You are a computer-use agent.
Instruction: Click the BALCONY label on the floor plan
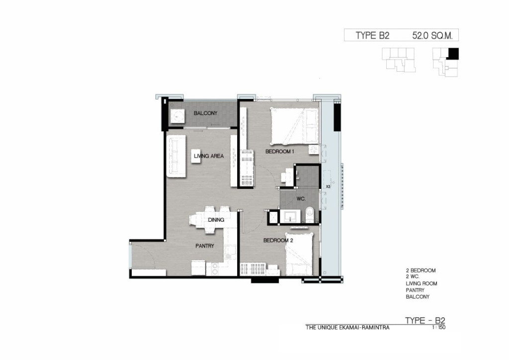click(x=205, y=113)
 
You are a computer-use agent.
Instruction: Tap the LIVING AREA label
click(x=209, y=156)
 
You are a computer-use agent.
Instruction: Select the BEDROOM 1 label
click(x=279, y=152)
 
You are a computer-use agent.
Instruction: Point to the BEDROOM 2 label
click(x=278, y=241)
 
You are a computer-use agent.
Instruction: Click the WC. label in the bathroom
click(x=301, y=199)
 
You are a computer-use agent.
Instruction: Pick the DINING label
click(x=216, y=220)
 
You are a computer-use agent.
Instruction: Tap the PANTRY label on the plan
click(x=205, y=246)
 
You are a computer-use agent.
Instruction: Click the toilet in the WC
click(x=310, y=215)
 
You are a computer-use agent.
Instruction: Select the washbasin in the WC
click(x=291, y=216)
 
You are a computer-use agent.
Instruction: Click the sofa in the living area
click(x=176, y=156)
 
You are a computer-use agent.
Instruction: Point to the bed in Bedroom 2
click(x=299, y=254)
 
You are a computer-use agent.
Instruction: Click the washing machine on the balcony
click(x=177, y=115)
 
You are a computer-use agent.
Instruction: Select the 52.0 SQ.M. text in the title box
click(x=432, y=35)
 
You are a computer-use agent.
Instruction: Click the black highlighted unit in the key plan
click(x=453, y=54)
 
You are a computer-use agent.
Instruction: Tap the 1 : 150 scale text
click(x=438, y=328)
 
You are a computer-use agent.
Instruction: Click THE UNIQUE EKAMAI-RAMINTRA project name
click(x=347, y=328)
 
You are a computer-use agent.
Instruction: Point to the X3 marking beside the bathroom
click(x=328, y=186)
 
